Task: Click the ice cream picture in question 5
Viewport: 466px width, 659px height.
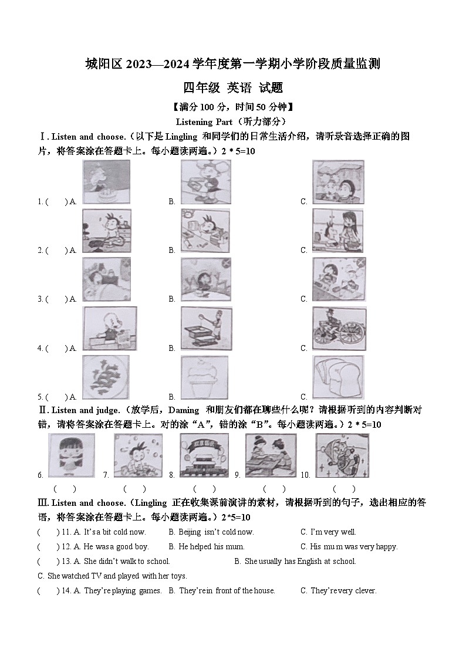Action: [204, 377]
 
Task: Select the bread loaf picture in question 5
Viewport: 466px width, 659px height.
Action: [337, 377]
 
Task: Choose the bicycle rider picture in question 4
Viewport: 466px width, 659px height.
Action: [339, 329]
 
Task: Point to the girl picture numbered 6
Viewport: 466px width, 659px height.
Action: [71, 455]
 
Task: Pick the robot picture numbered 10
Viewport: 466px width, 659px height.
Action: [342, 455]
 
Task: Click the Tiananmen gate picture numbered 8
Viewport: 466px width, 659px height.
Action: [204, 455]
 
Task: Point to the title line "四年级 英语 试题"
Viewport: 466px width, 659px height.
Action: [233, 88]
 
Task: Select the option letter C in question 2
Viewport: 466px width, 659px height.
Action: [304, 250]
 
